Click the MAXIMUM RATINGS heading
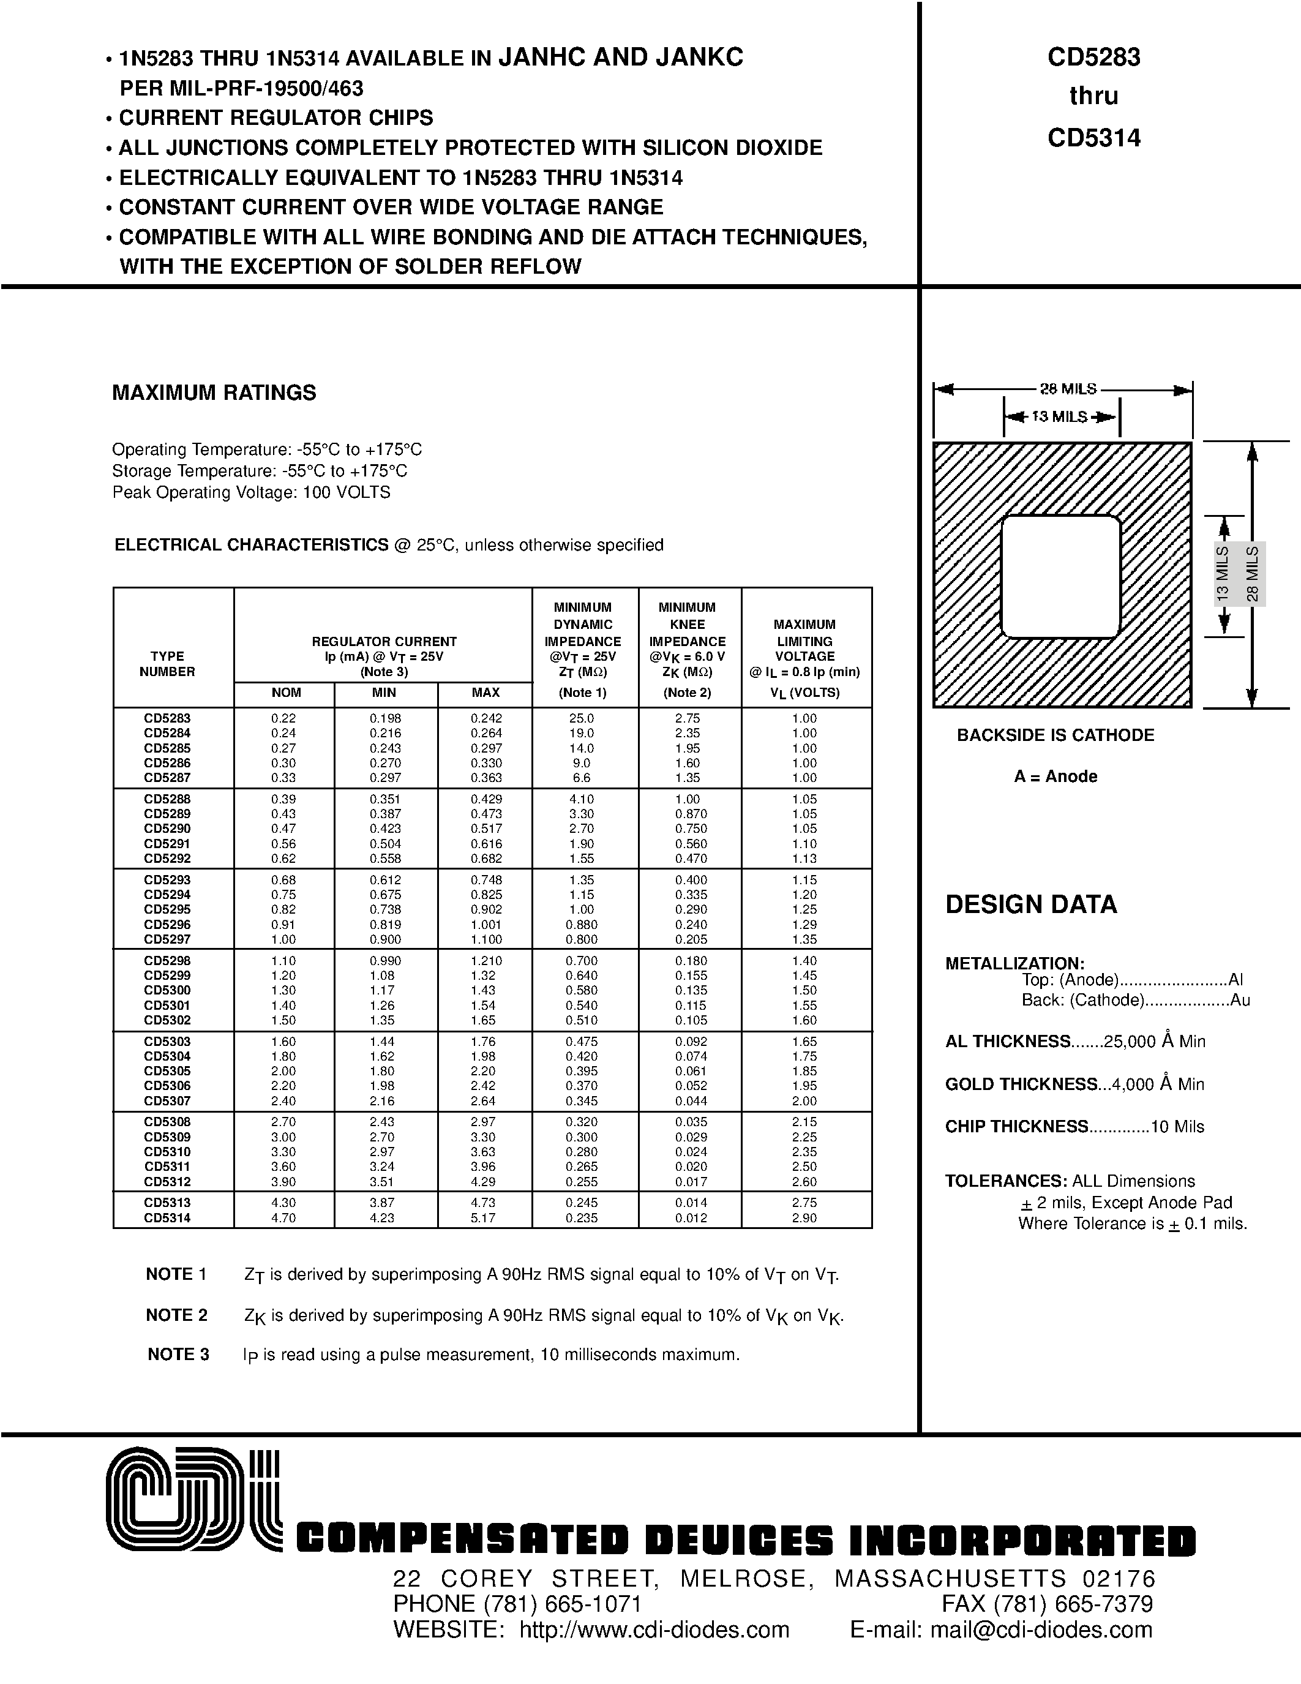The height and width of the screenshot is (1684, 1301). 214,393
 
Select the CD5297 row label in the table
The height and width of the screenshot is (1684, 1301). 167,939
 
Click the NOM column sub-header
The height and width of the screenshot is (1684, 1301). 286,693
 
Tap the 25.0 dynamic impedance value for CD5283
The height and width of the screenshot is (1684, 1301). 582,718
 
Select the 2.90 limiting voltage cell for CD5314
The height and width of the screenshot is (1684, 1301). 804,1218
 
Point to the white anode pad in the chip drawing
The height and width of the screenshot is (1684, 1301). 1060,577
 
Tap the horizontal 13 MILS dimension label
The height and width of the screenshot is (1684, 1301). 1059,417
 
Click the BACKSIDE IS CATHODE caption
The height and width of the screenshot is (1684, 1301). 1055,735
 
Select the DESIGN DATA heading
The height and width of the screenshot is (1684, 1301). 1030,904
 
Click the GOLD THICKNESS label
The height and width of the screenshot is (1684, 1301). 1021,1084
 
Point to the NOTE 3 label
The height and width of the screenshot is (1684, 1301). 178,1354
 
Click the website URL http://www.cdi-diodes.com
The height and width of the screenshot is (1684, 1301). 654,1630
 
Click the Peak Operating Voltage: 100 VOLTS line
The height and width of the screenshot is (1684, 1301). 251,492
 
